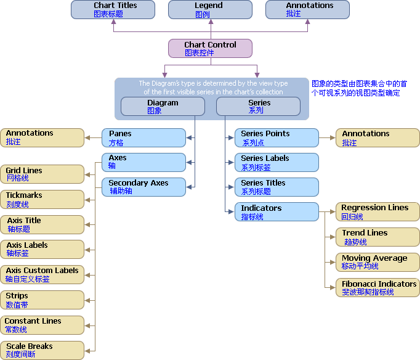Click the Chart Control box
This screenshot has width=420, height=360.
click(210, 49)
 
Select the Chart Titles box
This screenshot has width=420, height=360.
click(113, 10)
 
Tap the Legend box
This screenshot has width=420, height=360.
click(210, 10)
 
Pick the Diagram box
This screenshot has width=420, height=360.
click(163, 107)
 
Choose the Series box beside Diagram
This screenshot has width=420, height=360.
click(258, 107)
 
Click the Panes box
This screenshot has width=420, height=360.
click(144, 138)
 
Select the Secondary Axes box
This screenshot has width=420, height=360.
click(144, 187)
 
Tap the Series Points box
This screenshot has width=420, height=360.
click(277, 138)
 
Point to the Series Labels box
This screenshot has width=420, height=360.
click(277, 163)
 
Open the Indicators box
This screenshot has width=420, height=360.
click(277, 212)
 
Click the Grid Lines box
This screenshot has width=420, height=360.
click(42, 174)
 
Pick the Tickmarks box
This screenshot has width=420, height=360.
click(42, 200)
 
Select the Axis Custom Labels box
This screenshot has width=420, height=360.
click(42, 275)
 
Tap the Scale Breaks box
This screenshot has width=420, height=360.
click(42, 350)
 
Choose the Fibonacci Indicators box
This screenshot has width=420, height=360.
click(378, 288)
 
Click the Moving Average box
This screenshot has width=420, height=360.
click(378, 263)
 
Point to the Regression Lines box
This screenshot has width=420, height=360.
click(378, 212)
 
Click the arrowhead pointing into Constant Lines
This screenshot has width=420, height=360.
click(87, 325)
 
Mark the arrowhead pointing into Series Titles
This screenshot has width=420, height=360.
click(231, 187)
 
